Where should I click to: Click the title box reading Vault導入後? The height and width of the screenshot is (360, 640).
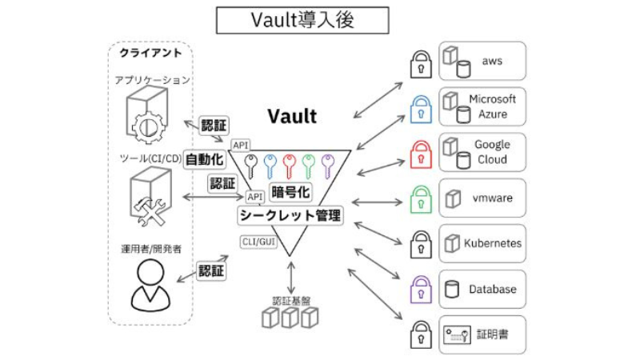click(x=302, y=21)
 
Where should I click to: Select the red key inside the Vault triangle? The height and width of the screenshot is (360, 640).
click(x=290, y=166)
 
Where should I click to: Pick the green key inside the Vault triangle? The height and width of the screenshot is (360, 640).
click(x=308, y=166)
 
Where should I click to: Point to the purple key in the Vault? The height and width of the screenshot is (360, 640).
click(x=326, y=166)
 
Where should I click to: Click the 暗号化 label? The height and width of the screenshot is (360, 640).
click(x=290, y=192)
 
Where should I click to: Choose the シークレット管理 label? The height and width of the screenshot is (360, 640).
click(x=290, y=214)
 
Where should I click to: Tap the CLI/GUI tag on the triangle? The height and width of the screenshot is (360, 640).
click(x=258, y=241)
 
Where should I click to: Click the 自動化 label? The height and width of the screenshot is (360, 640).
click(x=204, y=159)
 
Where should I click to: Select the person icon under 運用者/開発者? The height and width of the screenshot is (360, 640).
click(x=149, y=286)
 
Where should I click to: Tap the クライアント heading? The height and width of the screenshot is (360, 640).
click(x=150, y=53)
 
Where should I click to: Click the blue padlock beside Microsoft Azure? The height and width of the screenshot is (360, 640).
click(x=420, y=110)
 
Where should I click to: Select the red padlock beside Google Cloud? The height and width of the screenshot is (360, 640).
click(x=420, y=154)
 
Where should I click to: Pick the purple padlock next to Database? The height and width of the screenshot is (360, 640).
click(x=420, y=288)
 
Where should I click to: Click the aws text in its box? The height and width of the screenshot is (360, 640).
click(x=491, y=61)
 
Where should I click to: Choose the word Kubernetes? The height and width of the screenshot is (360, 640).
click(x=493, y=243)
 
